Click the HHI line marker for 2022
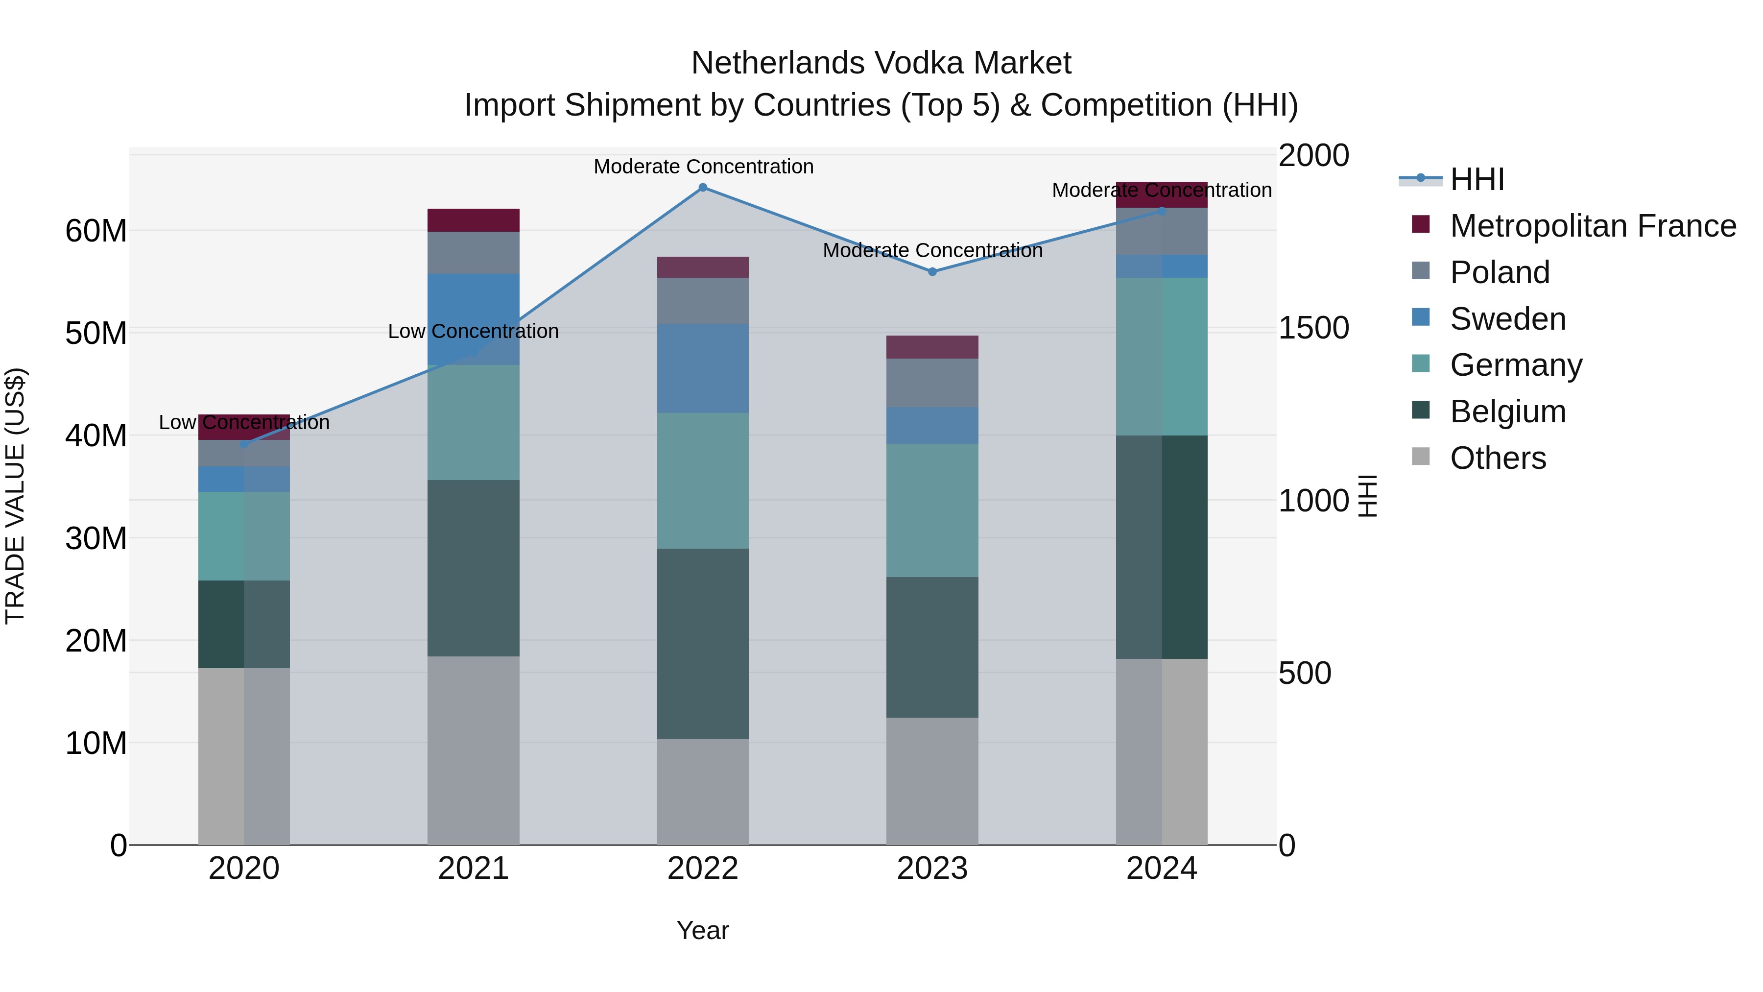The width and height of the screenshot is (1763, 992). point(703,188)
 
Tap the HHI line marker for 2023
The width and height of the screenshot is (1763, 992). point(932,272)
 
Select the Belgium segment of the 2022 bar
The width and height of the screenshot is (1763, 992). point(703,644)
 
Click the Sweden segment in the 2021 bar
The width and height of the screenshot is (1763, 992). point(474,319)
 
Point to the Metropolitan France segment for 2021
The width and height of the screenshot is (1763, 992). point(474,220)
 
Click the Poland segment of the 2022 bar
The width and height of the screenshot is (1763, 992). point(703,301)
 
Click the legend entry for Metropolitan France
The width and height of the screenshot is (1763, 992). point(1593,226)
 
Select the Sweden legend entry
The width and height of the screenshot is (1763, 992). point(1508,319)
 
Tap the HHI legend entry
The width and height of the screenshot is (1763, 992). point(1477,179)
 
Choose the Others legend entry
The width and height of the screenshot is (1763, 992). point(1498,458)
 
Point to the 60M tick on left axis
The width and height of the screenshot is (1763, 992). point(96,231)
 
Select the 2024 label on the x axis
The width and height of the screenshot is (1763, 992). point(1162,869)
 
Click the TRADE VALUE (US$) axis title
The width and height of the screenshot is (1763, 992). point(15,496)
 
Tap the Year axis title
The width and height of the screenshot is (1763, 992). point(703,930)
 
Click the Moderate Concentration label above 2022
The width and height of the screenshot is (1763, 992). point(703,167)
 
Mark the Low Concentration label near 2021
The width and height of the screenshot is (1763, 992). point(474,331)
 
